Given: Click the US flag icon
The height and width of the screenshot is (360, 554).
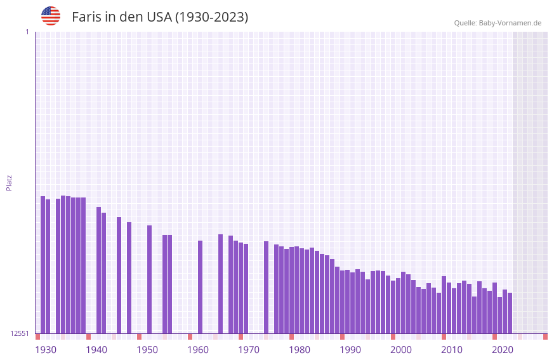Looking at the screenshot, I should (51, 16).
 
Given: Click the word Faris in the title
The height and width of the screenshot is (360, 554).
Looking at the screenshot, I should (86, 17).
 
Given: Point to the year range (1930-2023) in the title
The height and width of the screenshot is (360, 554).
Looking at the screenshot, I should (211, 17).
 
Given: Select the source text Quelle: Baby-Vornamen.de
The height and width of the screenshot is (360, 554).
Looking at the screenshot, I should (498, 23).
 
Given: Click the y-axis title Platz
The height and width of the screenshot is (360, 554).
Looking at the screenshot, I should (9, 182).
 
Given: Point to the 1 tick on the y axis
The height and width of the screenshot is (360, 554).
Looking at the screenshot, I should (27, 32).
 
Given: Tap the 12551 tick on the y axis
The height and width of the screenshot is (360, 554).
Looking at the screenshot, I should (20, 333).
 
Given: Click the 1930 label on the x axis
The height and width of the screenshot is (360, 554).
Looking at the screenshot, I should (46, 350).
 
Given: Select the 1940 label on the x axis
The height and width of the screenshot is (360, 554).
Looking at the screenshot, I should (96, 350).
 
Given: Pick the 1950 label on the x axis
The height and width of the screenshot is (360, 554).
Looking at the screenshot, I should (147, 350).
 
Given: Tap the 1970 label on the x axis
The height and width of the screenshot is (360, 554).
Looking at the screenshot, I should (249, 350).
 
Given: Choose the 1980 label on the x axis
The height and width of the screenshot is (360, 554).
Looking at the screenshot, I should (300, 350).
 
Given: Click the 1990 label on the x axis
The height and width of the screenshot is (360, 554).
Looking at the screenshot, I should (350, 350).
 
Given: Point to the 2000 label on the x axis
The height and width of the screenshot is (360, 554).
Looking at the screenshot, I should (401, 350).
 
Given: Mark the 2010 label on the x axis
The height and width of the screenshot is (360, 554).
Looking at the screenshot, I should (452, 350).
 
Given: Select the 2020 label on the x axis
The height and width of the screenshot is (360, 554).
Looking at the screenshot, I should (503, 350).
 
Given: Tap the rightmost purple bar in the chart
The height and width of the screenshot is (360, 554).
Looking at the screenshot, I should (510, 313).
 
